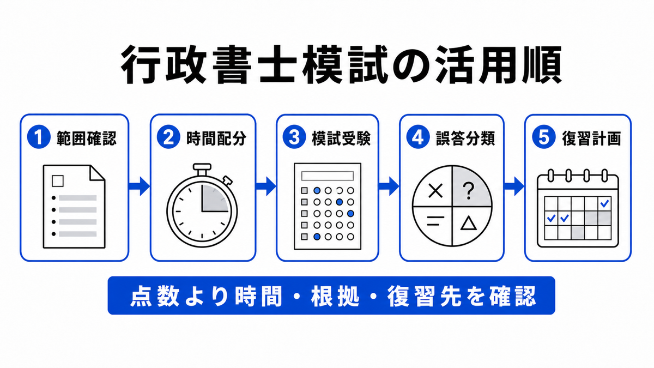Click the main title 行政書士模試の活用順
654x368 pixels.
pos(341,65)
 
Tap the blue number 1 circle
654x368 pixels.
pos(39,137)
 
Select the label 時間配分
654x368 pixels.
pos(216,138)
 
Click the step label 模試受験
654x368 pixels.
pos(341,138)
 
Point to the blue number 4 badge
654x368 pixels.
pos(418,137)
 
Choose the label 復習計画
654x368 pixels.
pos(591,138)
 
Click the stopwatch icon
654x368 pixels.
pos(202,206)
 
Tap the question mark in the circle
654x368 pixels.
pos(468,191)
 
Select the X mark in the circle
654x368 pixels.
pos(435,191)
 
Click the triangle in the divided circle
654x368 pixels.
pos(468,224)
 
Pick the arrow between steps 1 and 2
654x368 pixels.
pos(140,186)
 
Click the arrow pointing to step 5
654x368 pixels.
pos(514,186)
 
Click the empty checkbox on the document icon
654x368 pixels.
pos(58,181)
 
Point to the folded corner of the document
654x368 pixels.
pos(97,173)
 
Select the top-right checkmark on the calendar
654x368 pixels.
pos(604,203)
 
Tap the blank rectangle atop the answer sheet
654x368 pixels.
pos(328,176)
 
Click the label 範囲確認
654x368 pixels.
pos(87,138)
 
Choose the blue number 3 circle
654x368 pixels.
pos(294,137)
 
